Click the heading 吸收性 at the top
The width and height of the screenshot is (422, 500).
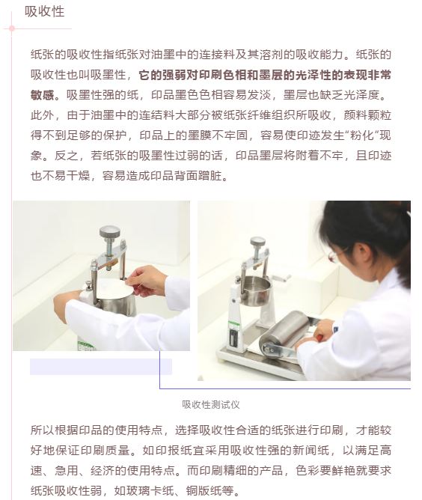(x=45, y=12)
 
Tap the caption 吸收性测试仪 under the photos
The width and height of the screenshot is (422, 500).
(x=211, y=405)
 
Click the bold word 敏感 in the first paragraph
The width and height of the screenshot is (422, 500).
(x=43, y=95)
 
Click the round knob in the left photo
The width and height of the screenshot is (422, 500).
(x=109, y=232)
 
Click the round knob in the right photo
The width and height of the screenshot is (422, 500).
(x=257, y=241)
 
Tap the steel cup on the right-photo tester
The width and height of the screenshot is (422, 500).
(x=255, y=291)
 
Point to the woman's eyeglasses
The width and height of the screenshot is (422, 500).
(x=335, y=254)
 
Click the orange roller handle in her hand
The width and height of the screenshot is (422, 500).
(x=319, y=337)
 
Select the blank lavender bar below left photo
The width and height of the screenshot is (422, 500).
(x=101, y=367)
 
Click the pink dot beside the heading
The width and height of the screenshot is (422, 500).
(x=12, y=28)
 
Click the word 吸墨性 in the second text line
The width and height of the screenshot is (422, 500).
(x=108, y=75)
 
